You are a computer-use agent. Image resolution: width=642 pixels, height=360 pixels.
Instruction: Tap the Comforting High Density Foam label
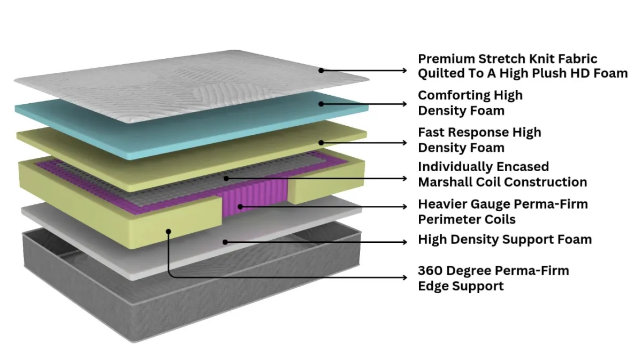point(470,103)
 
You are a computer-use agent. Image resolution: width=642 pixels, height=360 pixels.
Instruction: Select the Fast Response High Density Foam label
point(479,140)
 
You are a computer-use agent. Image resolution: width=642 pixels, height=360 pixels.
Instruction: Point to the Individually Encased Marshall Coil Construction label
point(502,174)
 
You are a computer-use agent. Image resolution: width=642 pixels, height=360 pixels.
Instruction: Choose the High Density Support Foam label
point(505,239)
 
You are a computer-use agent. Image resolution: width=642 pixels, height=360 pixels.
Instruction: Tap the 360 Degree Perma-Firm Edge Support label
point(493,278)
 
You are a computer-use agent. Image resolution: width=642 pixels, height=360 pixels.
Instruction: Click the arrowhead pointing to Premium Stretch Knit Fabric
point(405,70)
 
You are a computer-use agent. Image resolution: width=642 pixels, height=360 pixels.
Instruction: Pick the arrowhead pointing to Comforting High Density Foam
point(405,104)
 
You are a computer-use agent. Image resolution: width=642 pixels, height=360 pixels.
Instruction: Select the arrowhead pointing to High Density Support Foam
point(405,242)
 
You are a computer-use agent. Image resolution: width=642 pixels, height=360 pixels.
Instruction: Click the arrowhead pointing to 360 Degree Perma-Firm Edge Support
point(405,277)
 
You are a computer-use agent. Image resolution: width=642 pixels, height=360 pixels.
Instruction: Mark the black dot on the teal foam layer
point(321,104)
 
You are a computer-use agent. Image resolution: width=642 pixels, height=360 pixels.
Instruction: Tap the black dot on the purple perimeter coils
point(240,205)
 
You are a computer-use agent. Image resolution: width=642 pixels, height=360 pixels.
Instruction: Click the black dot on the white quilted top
point(321,70)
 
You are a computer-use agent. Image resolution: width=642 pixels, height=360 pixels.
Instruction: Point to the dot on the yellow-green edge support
point(169,231)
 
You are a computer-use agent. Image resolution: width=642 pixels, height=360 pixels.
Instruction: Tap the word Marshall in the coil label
point(450,182)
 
